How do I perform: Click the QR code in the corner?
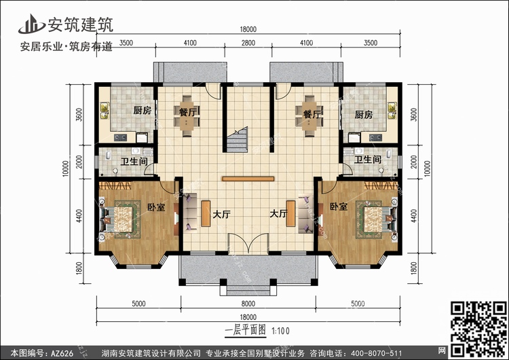click(478, 329)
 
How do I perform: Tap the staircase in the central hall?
click(237, 140)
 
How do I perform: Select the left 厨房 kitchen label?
click(143, 111)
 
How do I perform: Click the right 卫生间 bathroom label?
click(367, 160)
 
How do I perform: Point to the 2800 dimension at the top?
click(248, 43)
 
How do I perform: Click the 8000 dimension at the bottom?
click(248, 304)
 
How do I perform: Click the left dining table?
click(187, 115)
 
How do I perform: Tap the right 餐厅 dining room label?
click(312, 114)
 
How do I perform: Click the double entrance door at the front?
click(248, 243)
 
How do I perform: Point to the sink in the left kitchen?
click(105, 111)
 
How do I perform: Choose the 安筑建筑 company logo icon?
click(31, 24)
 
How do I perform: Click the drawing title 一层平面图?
click(246, 330)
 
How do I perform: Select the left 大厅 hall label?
click(222, 214)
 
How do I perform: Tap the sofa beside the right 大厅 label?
click(305, 213)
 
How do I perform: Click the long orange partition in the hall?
click(248, 179)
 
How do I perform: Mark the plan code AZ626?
click(62, 353)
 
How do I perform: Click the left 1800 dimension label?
click(79, 268)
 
